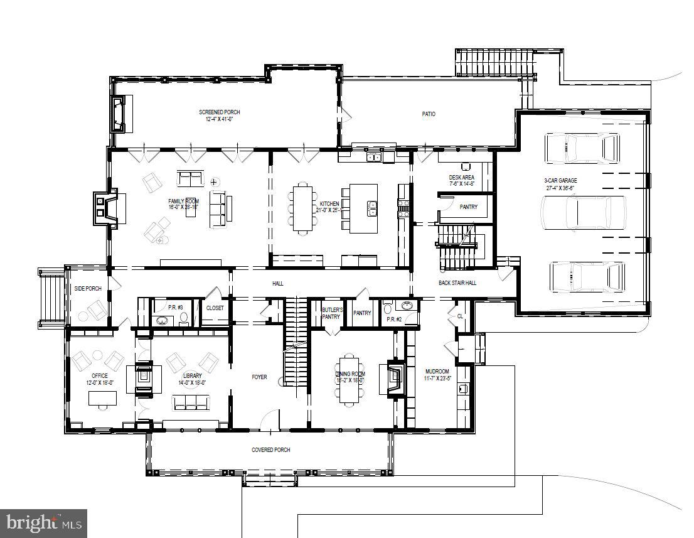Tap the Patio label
[428, 114]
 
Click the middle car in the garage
[584, 213]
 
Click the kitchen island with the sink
[364, 208]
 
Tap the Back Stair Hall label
[457, 283]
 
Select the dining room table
[350, 379]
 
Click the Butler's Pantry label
[331, 313]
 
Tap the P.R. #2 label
[394, 320]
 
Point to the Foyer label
[259, 377]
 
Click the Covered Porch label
[270, 450]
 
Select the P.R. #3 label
[175, 307]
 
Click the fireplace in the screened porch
[118, 114]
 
